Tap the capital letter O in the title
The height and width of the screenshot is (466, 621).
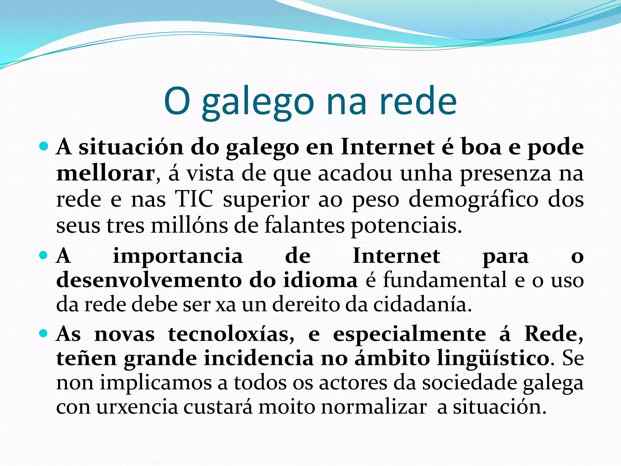click(x=177, y=101)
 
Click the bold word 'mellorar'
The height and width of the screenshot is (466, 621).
click(x=106, y=174)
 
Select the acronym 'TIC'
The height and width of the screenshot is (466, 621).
click(x=194, y=200)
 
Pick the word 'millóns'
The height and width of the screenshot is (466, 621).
click(x=190, y=225)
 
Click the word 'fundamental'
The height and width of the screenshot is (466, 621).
click(x=445, y=280)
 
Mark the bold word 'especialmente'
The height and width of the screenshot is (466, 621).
click(x=409, y=335)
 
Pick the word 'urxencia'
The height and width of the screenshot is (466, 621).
click(x=137, y=407)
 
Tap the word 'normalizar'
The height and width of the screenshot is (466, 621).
click(x=374, y=407)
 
